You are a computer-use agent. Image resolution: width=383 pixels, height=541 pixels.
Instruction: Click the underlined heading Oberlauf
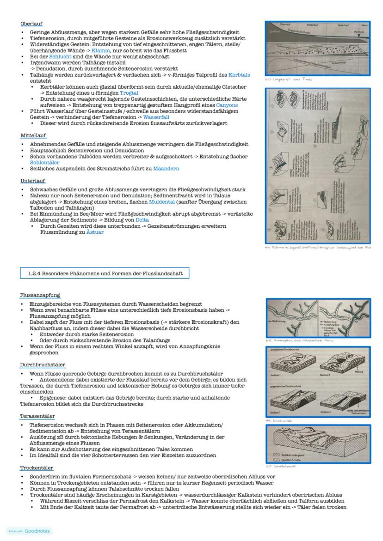[x=31, y=24]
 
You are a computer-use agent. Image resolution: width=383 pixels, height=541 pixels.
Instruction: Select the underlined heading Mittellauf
[x=33, y=136]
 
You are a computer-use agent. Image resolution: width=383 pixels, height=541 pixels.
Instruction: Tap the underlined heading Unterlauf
[x=33, y=181]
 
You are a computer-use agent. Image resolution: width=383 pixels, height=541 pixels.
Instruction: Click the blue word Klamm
[x=100, y=49]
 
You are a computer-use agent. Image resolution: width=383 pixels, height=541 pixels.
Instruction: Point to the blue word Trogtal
[x=129, y=93]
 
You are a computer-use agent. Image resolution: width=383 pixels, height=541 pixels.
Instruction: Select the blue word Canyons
[x=227, y=105]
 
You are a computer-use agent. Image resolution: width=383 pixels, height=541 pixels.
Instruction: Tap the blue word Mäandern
[x=166, y=169]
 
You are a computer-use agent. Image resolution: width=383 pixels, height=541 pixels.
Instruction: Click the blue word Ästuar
[x=95, y=232]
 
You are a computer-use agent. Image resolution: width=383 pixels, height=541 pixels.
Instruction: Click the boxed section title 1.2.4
[x=105, y=274]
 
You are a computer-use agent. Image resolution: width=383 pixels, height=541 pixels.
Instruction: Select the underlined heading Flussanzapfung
[x=40, y=295]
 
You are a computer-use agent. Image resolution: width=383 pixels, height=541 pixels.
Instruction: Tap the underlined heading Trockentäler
[x=37, y=468]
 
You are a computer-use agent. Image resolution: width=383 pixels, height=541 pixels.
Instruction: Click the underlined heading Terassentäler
[x=38, y=416]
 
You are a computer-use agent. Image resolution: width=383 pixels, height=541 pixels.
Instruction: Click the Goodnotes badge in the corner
[x=29, y=531]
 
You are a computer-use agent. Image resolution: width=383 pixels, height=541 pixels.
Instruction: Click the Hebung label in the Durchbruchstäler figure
[x=358, y=371]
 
